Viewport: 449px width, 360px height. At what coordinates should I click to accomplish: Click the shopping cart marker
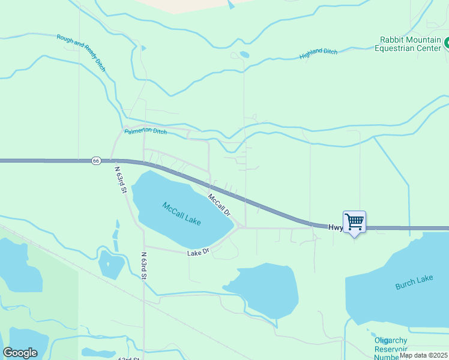point(354,222)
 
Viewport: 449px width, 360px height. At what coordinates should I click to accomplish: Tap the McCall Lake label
point(181,214)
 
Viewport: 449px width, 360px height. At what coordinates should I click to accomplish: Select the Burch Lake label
point(414,282)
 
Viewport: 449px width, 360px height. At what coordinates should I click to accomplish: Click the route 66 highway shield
point(96,161)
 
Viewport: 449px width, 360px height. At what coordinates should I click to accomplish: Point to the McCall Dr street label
point(219,205)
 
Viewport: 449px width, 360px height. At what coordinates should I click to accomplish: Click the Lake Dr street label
point(197,253)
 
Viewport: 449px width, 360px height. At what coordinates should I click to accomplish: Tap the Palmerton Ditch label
point(145,130)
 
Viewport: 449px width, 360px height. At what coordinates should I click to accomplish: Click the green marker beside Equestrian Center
point(447,43)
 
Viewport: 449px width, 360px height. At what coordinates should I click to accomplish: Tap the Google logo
point(20,353)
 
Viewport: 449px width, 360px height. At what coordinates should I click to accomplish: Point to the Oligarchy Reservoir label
point(391,349)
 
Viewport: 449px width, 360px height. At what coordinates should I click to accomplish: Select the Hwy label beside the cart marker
point(335,227)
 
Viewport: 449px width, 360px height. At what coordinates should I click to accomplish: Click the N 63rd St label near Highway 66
point(120,179)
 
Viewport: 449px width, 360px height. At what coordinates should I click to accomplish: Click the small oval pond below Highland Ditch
point(244,55)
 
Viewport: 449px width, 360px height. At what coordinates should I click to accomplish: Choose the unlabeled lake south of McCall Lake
point(265,289)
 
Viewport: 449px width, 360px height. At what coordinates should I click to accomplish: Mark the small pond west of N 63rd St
point(111,264)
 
